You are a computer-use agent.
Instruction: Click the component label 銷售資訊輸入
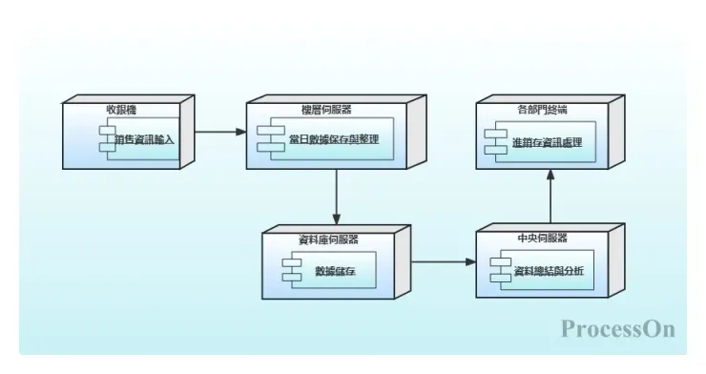pyautogui.click(x=144, y=139)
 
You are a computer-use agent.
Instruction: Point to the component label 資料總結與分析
pyautogui.click(x=548, y=270)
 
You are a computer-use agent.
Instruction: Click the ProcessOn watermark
pyautogui.click(x=617, y=329)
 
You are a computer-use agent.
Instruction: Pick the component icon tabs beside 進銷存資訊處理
pyautogui.click(x=491, y=140)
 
